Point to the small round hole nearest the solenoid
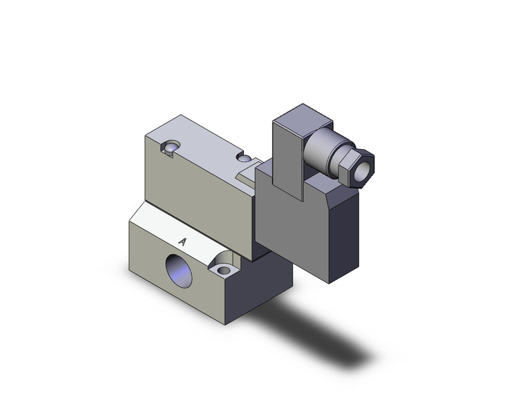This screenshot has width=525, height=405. pos(244,158)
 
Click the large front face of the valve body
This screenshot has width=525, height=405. pos(197,197)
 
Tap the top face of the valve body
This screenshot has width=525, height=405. pos(200,138)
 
